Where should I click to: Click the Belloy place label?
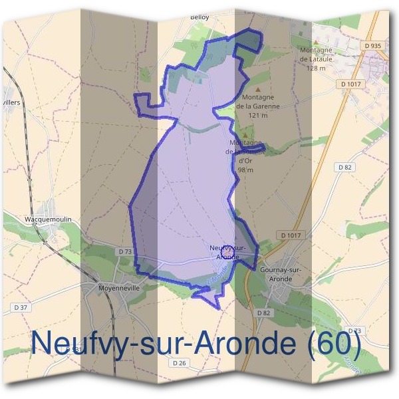(x=199, y=17)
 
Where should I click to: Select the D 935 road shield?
(x=373, y=45)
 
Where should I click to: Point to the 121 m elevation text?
(x=257, y=115)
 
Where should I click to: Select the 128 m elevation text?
(x=317, y=68)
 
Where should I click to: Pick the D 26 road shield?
(x=178, y=363)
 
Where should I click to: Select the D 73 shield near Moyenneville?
(x=124, y=252)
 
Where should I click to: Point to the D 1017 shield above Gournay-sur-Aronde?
(x=291, y=235)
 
